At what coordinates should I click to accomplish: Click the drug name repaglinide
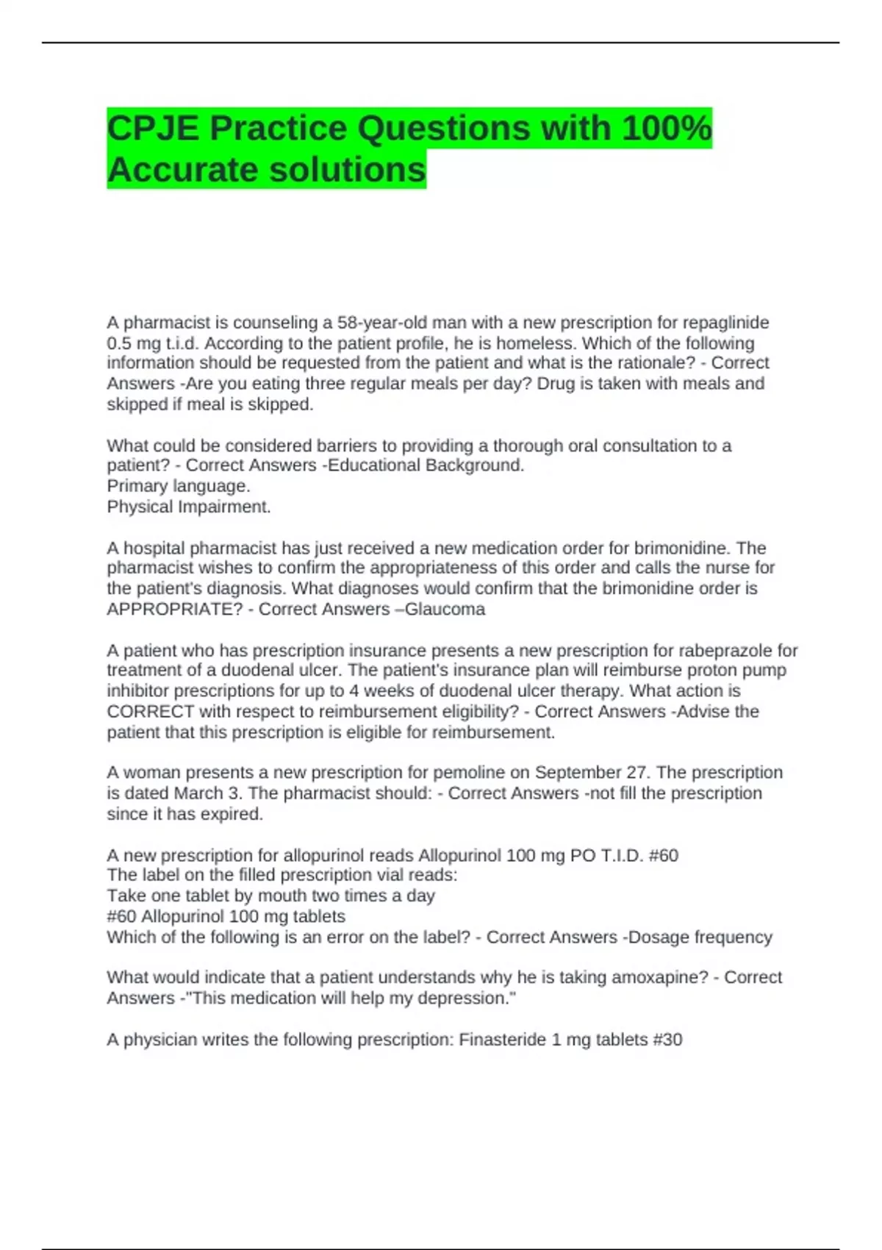pos(726,323)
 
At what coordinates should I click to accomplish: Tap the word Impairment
pos(229,507)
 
